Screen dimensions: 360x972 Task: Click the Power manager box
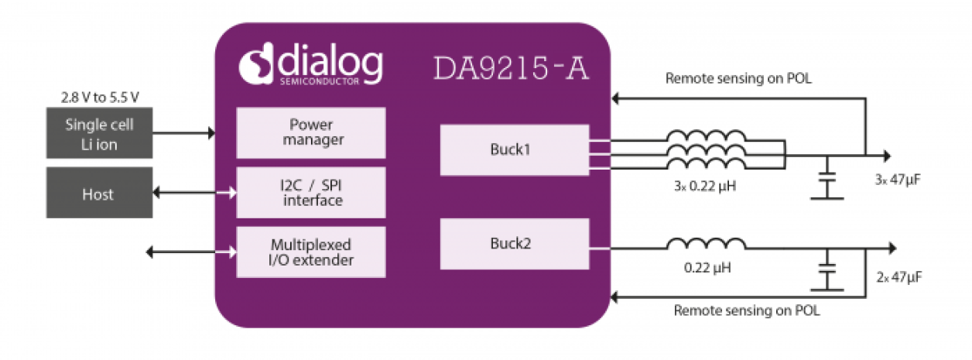pos(310,132)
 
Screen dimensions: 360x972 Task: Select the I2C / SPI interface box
pos(310,192)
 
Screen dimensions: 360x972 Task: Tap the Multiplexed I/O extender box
pos(310,252)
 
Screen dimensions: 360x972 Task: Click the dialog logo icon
pos(256,65)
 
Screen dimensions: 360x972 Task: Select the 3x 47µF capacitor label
pos(896,180)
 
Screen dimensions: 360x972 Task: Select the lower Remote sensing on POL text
pos(747,311)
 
